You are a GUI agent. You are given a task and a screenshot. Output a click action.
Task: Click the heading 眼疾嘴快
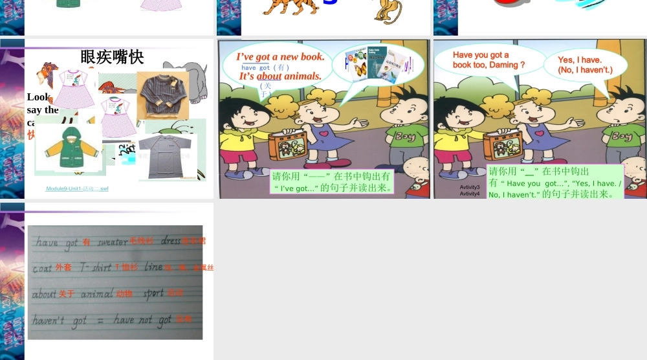click(x=112, y=57)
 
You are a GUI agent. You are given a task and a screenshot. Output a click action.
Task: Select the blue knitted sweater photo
click(x=162, y=95)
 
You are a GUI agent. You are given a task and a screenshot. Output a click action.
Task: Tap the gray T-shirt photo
click(x=168, y=156)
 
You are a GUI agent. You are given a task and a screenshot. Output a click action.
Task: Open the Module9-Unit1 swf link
click(x=77, y=189)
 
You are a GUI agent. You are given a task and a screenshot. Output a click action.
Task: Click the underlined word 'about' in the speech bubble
click(x=269, y=76)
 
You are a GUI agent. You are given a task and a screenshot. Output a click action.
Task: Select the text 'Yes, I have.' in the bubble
click(x=580, y=60)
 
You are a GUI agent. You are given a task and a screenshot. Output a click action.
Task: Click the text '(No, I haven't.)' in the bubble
click(x=585, y=70)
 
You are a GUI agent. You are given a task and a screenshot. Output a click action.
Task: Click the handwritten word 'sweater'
click(x=112, y=242)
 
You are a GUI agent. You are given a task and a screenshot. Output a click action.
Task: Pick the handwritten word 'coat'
click(x=42, y=267)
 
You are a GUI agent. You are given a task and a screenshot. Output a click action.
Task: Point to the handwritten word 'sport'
click(x=153, y=293)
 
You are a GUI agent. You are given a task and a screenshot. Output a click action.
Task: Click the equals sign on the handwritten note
click(x=100, y=320)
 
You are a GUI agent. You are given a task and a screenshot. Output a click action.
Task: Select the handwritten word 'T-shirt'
click(x=96, y=267)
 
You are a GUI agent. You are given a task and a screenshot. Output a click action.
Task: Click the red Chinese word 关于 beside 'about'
click(x=67, y=294)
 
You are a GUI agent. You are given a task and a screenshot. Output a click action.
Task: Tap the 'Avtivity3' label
click(x=470, y=187)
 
